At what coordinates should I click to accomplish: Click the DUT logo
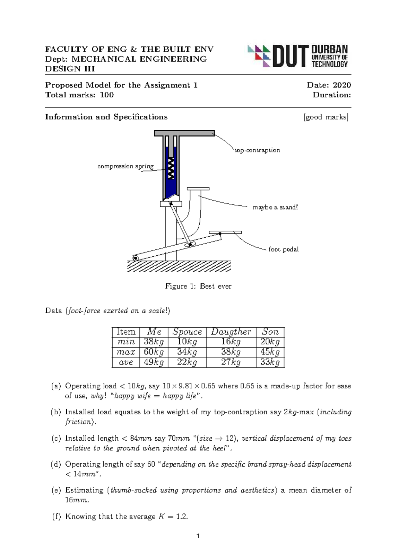tap(297, 56)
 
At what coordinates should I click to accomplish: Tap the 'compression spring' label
tap(125, 166)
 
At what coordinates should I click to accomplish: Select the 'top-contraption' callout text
tap(257, 150)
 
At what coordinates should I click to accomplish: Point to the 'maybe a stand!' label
tap(275, 207)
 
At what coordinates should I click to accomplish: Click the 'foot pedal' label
tap(283, 249)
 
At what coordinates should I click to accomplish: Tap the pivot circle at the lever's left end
tap(135, 258)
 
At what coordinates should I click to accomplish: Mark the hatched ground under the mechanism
tap(179, 266)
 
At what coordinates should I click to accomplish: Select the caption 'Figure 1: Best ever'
tap(198, 286)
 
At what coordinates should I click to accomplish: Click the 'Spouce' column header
tap(187, 332)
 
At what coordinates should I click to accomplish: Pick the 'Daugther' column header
tap(231, 332)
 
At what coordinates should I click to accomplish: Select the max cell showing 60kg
tap(154, 352)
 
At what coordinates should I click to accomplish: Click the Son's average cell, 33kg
tap(270, 362)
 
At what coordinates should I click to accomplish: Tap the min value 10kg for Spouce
tap(187, 342)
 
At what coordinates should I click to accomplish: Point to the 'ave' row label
tap(125, 362)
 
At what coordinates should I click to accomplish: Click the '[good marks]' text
tap(326, 117)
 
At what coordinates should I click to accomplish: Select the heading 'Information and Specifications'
tap(106, 117)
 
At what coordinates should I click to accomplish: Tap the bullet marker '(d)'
tap(56, 464)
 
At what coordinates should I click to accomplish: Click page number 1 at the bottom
tap(198, 536)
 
